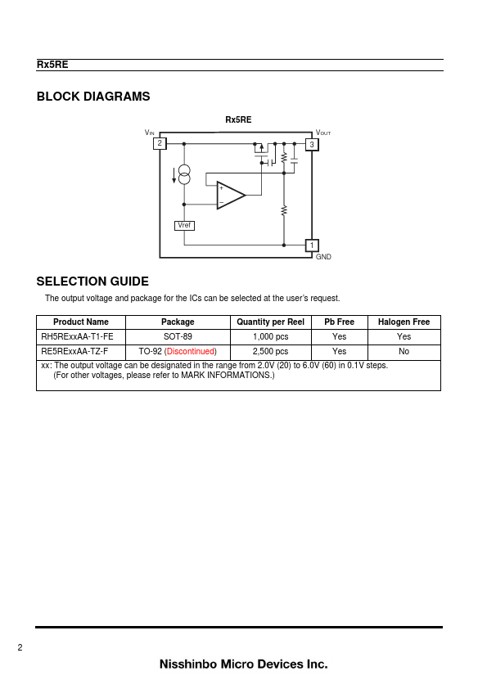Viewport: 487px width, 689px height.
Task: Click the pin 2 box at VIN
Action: tap(160, 143)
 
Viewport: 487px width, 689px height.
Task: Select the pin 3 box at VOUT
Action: tap(312, 144)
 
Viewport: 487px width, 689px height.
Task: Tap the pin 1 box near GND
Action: tap(312, 245)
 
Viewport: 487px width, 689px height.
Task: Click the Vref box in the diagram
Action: tap(184, 225)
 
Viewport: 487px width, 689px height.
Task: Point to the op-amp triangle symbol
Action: tap(231, 195)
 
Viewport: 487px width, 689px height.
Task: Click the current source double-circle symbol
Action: tap(184, 174)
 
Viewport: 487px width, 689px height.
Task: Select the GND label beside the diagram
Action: tap(323, 257)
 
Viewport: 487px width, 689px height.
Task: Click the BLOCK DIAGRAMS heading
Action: tap(93, 97)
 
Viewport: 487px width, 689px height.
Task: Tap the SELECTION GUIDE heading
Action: tap(92, 281)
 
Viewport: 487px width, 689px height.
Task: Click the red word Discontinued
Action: tap(191, 352)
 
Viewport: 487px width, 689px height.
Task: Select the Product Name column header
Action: tap(81, 322)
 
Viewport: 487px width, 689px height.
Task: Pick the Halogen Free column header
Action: tap(404, 322)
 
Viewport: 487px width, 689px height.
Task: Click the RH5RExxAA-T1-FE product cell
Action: tap(78, 336)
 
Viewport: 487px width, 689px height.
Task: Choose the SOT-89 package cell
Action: tap(178, 336)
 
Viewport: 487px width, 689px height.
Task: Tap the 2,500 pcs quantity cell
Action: tap(270, 352)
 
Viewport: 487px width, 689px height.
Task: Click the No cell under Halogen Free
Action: tap(404, 352)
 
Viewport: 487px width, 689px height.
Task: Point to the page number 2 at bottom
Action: tap(20, 647)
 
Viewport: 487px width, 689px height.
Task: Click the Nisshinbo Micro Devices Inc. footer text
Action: tap(244, 664)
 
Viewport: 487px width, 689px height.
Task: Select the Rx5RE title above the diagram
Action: tap(238, 119)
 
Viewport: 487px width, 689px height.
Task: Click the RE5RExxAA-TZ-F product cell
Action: tap(74, 352)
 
